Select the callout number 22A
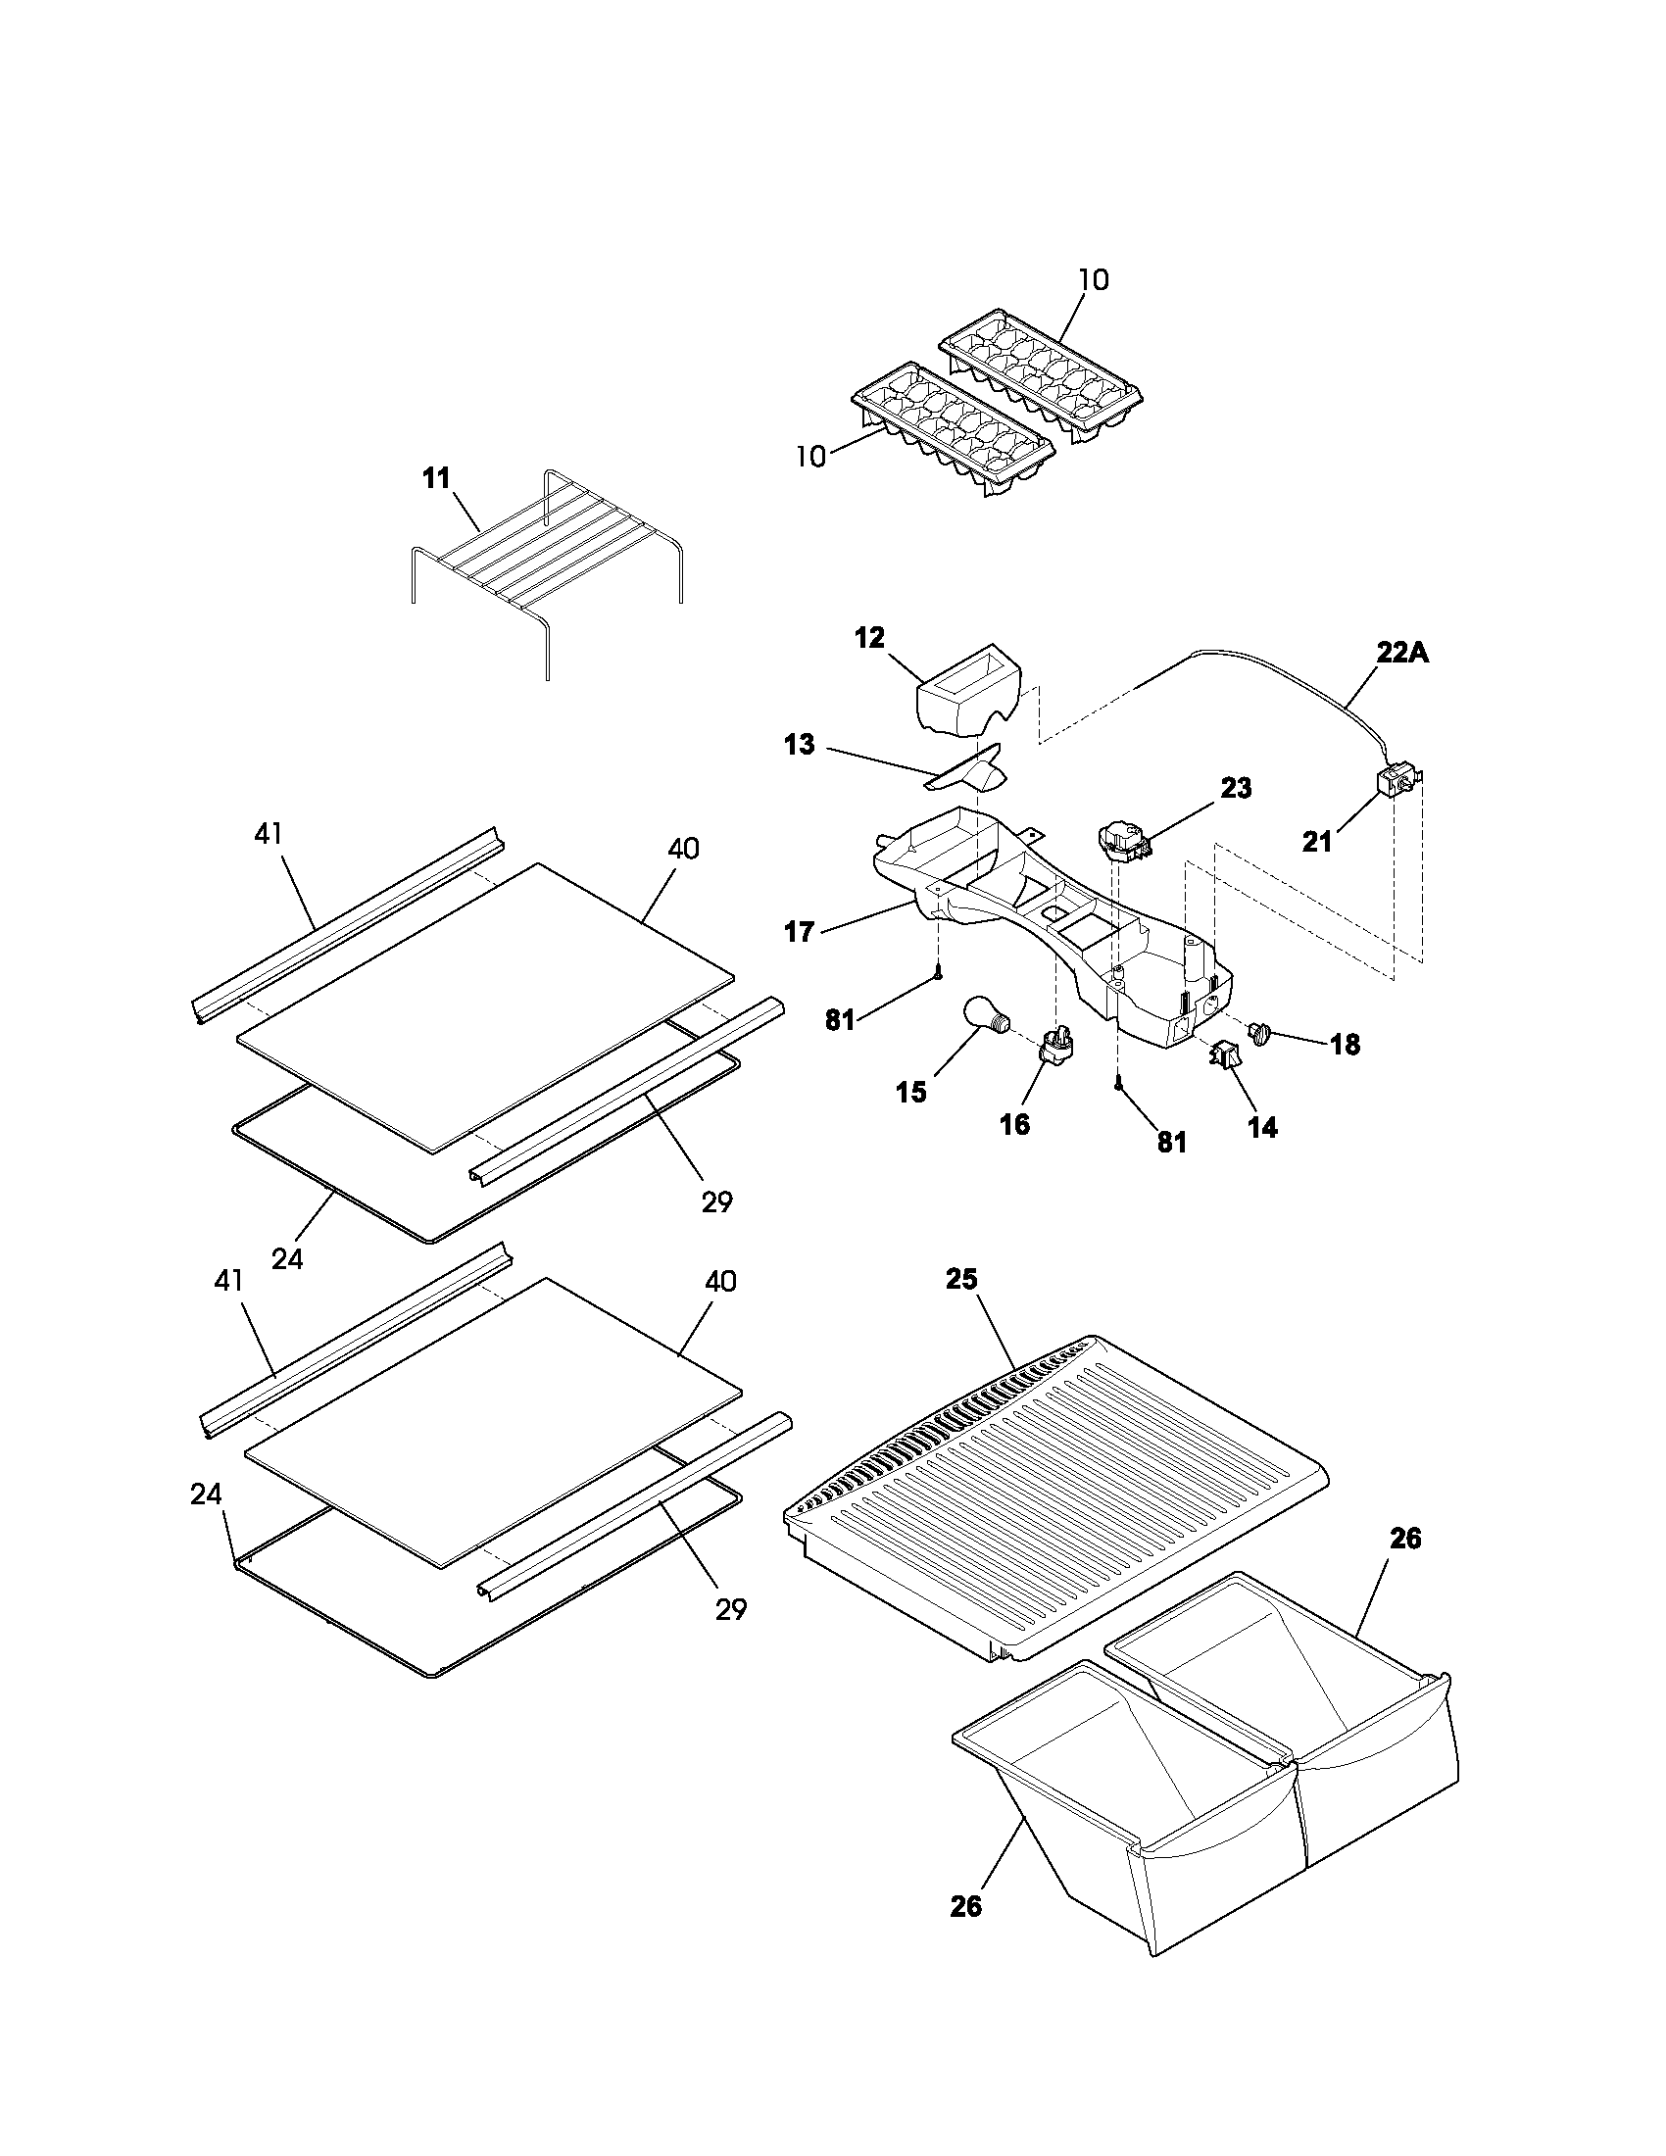1402,654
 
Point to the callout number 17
800,931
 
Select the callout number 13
800,745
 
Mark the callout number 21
1316,842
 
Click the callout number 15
911,1092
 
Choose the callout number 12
869,638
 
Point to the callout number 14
1262,1127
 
